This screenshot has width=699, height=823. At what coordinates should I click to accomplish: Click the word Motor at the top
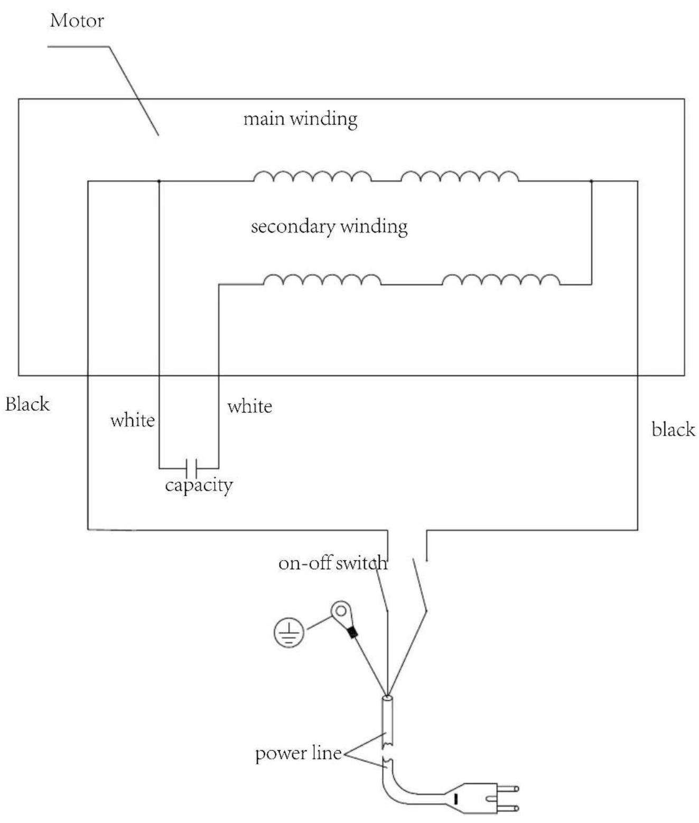(77, 21)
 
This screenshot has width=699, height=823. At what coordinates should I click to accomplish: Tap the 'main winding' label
(300, 119)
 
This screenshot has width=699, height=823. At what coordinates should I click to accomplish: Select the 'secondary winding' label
(329, 227)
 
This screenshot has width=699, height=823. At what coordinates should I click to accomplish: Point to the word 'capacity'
(199, 485)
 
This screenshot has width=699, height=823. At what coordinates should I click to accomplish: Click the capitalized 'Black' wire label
(27, 404)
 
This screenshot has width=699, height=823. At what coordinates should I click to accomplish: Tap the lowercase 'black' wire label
(673, 430)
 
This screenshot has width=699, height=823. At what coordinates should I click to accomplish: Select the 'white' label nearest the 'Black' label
(133, 420)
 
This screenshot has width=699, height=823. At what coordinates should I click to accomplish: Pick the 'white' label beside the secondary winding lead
(249, 406)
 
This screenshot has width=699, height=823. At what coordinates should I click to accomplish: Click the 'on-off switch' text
(333, 563)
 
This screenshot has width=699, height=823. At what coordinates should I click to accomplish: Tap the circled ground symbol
(289, 632)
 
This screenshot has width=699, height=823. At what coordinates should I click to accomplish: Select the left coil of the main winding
(312, 176)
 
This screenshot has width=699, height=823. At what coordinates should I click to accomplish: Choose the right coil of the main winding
(460, 176)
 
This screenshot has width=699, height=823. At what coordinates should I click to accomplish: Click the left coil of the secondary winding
(322, 280)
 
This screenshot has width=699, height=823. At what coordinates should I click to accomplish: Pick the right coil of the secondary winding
(501, 280)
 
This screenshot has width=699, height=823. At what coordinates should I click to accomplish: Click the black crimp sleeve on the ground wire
(352, 632)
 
